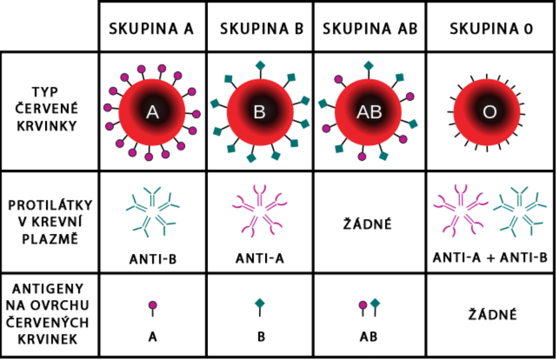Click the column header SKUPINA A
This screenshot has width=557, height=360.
151,29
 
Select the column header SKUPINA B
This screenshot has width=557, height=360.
262,29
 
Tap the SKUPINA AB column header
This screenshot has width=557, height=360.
370,29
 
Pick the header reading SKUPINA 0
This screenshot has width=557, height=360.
491,29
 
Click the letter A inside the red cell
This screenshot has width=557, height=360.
153,112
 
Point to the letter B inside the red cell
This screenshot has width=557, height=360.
260,112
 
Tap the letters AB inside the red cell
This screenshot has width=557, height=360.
369,112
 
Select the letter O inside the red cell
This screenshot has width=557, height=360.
490,112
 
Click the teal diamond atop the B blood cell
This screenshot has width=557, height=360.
260,66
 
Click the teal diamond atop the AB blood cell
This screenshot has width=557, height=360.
368,66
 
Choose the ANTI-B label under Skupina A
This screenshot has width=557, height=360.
153,259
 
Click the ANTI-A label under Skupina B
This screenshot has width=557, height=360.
260,259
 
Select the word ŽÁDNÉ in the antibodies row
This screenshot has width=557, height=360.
367,224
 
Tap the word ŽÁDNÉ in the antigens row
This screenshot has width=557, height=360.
493,314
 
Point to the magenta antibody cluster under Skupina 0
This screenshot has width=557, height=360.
460,211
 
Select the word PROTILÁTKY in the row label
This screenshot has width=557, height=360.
50,205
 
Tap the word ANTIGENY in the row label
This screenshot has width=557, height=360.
48,289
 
